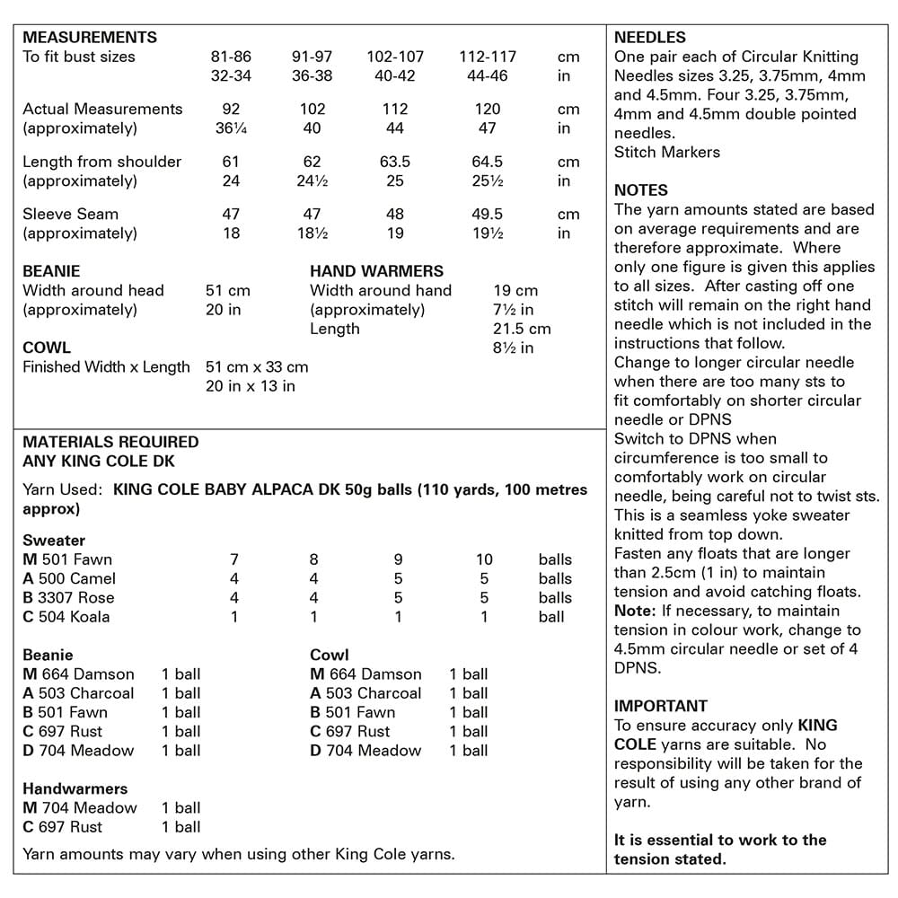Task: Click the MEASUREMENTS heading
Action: (x=90, y=38)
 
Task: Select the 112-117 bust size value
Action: (x=488, y=57)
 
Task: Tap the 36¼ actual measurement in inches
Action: (x=231, y=128)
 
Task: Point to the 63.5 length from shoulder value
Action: (x=395, y=162)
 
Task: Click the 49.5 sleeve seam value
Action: (x=488, y=215)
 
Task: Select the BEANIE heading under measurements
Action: (x=51, y=270)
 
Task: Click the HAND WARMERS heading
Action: (x=376, y=270)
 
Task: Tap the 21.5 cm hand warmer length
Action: (x=522, y=329)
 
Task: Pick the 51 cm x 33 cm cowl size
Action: (x=257, y=366)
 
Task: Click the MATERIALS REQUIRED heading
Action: (x=110, y=442)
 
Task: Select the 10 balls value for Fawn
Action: (x=484, y=559)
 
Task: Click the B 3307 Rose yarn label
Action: (x=68, y=597)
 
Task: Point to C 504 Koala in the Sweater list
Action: (x=66, y=617)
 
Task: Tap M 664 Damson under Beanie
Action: (x=78, y=674)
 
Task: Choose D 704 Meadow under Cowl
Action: (x=365, y=751)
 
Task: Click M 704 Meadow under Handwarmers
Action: (x=80, y=807)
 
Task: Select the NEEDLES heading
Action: (x=650, y=38)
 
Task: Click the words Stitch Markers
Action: (x=667, y=152)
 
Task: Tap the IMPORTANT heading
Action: (x=661, y=706)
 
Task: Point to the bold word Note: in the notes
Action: (x=635, y=611)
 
